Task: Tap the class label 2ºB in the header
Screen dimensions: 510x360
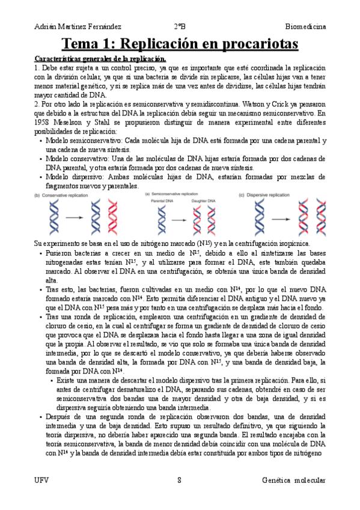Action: click(180, 26)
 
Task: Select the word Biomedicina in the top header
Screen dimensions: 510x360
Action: click(305, 26)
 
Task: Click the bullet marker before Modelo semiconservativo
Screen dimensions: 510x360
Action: click(39, 141)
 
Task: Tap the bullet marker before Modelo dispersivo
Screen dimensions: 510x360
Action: click(39, 177)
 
